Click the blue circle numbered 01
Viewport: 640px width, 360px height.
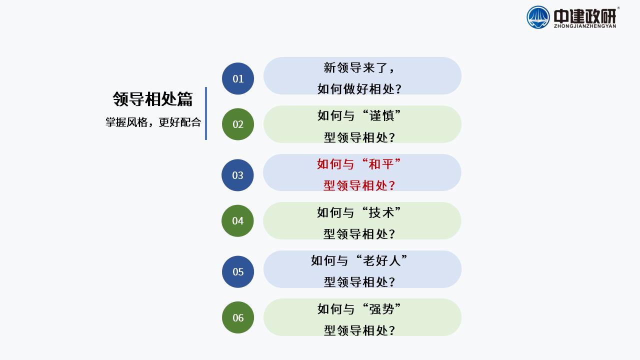tap(238, 78)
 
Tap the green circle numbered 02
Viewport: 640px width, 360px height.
tap(238, 124)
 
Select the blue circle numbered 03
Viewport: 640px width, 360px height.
tap(237, 175)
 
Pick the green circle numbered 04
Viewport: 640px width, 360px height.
tap(237, 221)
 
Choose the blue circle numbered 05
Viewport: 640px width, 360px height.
tap(238, 271)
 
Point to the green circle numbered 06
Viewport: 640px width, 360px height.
tap(238, 317)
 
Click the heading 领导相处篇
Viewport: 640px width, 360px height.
tap(152, 99)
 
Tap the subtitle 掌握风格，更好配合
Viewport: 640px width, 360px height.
tap(153, 122)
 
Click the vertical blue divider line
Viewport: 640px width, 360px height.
tap(206, 113)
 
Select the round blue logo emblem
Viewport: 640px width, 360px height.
tap(538, 17)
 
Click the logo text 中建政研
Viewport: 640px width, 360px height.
tap(585, 16)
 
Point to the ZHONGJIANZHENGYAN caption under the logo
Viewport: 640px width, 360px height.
tap(585, 26)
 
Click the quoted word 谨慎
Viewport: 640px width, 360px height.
tap(381, 115)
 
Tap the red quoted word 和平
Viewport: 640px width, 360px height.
tap(381, 164)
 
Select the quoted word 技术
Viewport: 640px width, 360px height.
tap(381, 213)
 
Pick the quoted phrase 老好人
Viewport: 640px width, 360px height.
tap(381, 261)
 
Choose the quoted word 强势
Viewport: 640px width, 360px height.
tap(381, 309)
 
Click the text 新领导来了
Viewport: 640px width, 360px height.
tap(355, 67)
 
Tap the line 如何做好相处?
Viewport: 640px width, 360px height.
tap(359, 89)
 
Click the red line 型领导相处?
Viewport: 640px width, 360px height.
tap(359, 185)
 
